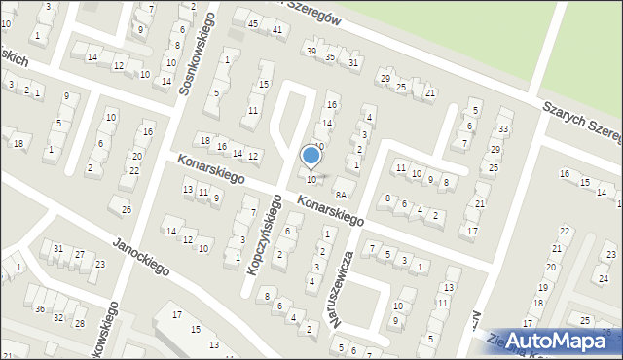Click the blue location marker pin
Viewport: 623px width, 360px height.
click(x=311, y=156)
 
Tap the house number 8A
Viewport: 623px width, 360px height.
click(x=341, y=195)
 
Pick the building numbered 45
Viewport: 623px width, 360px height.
click(x=253, y=23)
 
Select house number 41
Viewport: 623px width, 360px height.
click(x=277, y=30)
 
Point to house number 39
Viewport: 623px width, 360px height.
click(x=311, y=51)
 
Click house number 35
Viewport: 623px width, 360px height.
click(x=330, y=57)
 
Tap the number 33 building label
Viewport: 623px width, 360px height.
click(x=503, y=128)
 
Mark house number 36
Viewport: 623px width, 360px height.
click(x=39, y=309)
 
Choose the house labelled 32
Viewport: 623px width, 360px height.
click(x=58, y=317)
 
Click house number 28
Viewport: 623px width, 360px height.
click(x=80, y=323)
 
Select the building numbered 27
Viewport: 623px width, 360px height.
click(x=80, y=254)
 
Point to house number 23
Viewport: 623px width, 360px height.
click(x=610, y=254)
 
